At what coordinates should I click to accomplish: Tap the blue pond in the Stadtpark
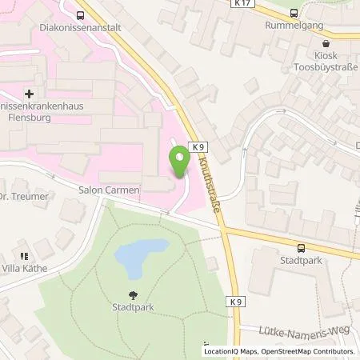pos(142,256)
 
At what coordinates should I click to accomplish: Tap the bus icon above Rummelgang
pos(293,12)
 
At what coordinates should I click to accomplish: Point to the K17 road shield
pos(244,4)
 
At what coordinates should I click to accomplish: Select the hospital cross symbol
pos(30,94)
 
